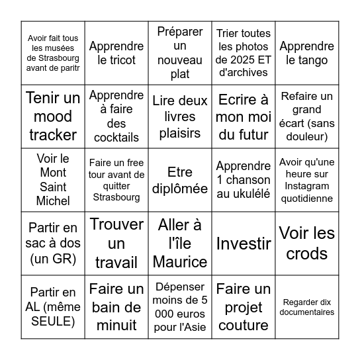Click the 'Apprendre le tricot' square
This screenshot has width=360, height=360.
(x=116, y=53)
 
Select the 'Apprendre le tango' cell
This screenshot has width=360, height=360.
(x=306, y=53)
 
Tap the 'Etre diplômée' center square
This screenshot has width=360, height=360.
(x=180, y=180)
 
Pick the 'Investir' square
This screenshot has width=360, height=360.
(x=243, y=243)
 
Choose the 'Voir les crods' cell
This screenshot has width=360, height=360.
(x=306, y=243)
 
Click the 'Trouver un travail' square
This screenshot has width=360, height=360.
(x=116, y=243)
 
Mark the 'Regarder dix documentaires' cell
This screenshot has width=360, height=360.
(x=306, y=306)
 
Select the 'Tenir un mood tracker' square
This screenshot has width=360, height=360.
(x=53, y=116)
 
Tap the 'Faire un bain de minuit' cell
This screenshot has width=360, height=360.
(x=116, y=306)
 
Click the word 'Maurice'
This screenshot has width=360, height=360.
(x=180, y=261)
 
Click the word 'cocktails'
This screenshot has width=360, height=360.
(x=116, y=138)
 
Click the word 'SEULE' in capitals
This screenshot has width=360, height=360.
(x=53, y=321)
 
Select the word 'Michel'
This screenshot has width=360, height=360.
(x=53, y=201)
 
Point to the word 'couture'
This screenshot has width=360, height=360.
(x=243, y=325)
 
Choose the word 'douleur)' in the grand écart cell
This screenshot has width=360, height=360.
(x=306, y=137)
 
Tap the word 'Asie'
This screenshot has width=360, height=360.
(x=196, y=326)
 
